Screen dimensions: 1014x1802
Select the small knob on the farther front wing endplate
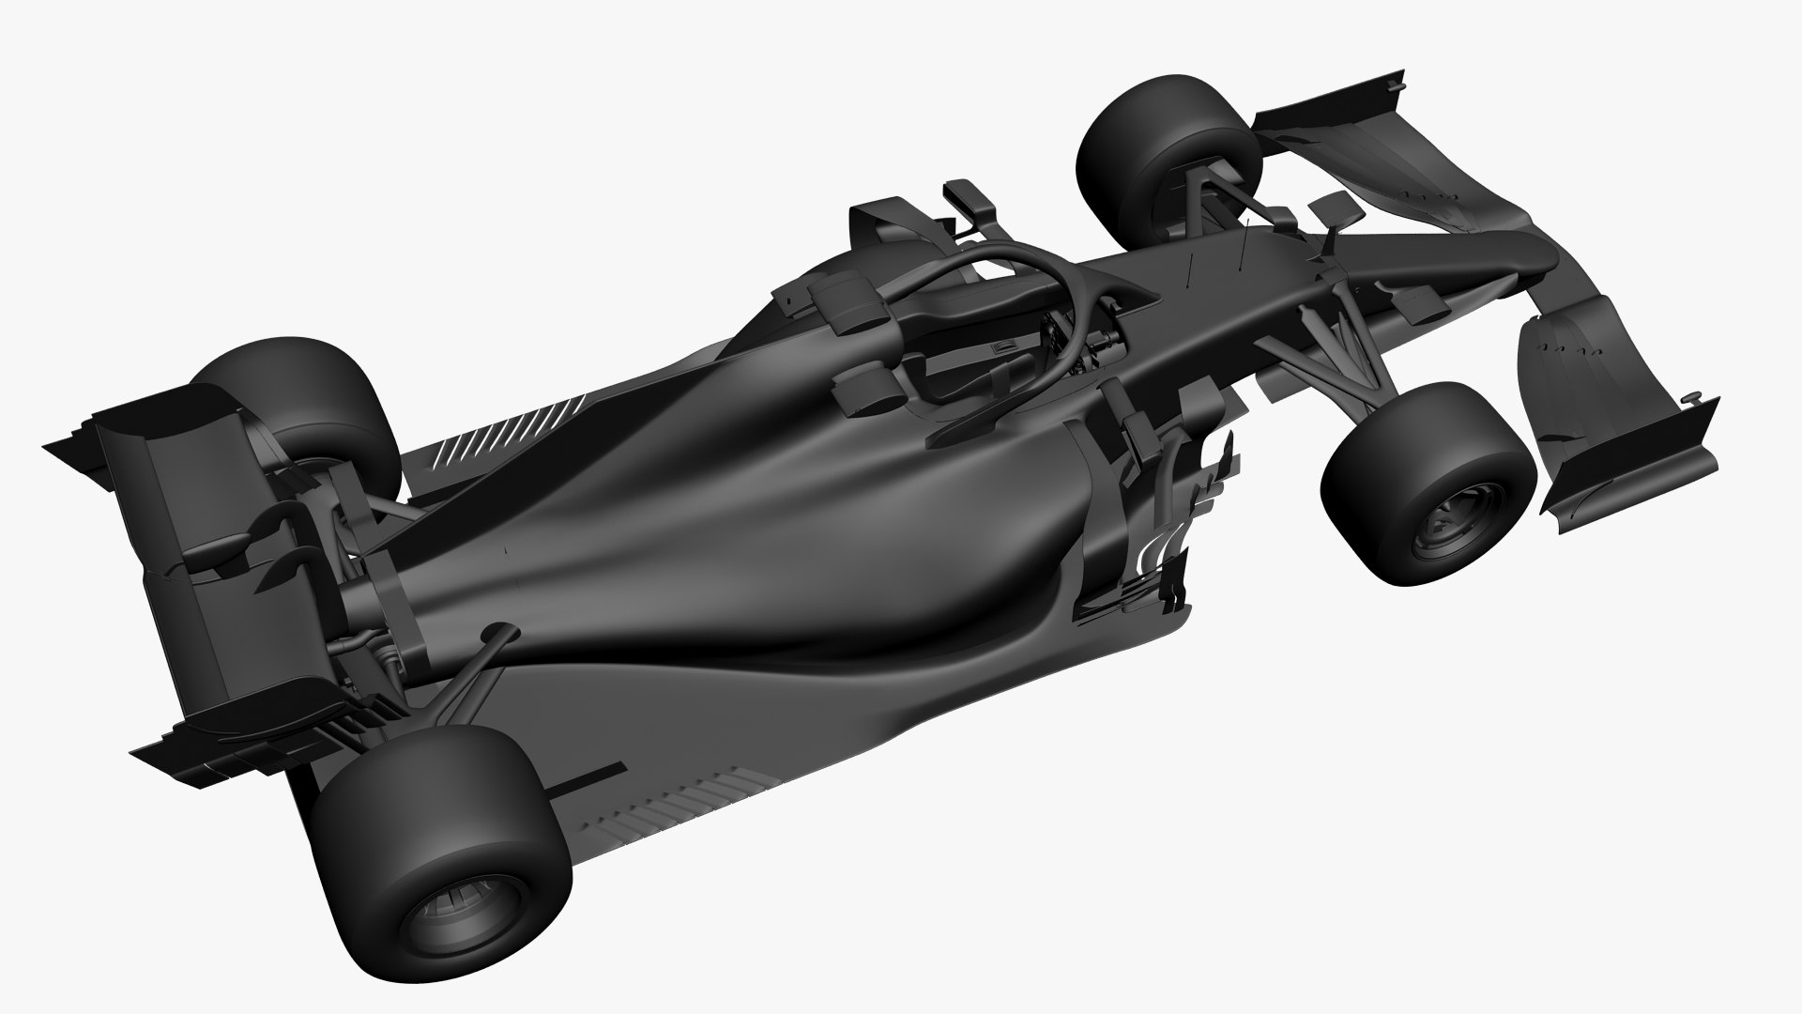1396,86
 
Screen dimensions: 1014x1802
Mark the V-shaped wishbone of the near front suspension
1333,357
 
